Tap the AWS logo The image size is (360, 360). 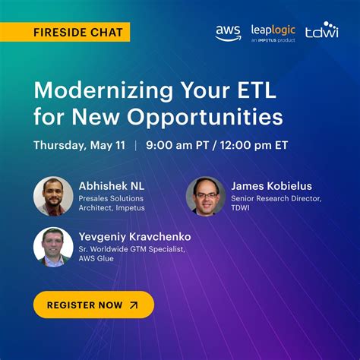[x=228, y=33]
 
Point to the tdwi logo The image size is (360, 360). [x=321, y=31]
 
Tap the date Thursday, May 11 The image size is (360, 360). [x=80, y=146]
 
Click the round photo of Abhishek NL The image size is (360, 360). [x=53, y=197]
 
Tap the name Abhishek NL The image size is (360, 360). [x=112, y=185]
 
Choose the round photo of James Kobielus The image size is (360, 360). [x=205, y=197]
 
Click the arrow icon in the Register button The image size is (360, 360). [x=134, y=305]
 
